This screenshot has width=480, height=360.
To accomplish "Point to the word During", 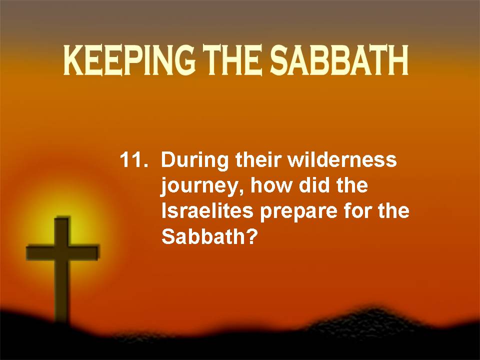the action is pyautogui.click(x=194, y=161).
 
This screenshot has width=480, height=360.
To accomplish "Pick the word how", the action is pyautogui.click(x=271, y=185).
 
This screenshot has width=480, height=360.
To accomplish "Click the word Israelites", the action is pyautogui.click(x=207, y=211).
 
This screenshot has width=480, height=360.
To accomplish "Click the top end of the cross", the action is pyautogui.click(x=62, y=217).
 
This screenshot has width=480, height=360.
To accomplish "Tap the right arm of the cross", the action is pyautogui.click(x=84, y=252).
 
